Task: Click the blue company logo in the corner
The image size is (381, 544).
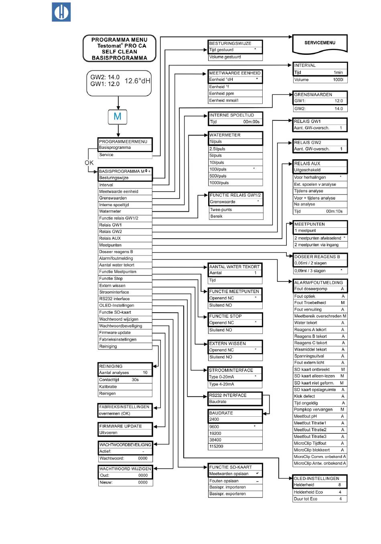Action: [x=61, y=12]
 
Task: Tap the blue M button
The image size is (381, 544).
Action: [x=118, y=117]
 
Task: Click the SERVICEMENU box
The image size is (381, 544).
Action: [x=320, y=44]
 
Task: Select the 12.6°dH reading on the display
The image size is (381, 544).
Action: [x=138, y=81]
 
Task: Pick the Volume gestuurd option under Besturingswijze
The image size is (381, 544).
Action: [x=225, y=57]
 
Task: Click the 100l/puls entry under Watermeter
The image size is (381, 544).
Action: [x=218, y=169]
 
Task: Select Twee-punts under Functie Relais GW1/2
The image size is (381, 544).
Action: [x=221, y=210]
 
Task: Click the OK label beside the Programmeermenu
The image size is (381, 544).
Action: [x=89, y=163]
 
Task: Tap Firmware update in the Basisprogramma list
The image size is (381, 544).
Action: [x=115, y=333]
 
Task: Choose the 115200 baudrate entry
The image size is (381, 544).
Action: [x=216, y=446]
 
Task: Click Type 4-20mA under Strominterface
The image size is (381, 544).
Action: [x=221, y=384]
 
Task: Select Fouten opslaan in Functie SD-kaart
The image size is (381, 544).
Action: [x=224, y=481]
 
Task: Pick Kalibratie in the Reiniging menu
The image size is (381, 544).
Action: [x=108, y=387]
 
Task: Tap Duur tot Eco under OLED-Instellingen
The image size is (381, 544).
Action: [x=306, y=499]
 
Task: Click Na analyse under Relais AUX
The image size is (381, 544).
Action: [x=304, y=204]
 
